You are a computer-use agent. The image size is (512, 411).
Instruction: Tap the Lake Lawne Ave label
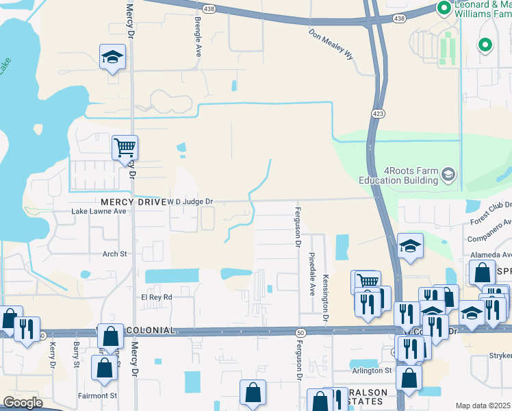point(99,212)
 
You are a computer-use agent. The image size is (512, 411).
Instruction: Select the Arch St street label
point(114,254)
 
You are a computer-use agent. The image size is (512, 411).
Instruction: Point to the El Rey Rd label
point(156,297)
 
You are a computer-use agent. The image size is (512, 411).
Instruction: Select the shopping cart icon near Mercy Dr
point(125,147)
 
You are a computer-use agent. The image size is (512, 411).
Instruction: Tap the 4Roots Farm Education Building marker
point(448,175)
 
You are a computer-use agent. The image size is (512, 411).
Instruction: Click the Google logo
point(23,403)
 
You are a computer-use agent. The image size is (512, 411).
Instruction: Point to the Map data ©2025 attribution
point(483,406)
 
